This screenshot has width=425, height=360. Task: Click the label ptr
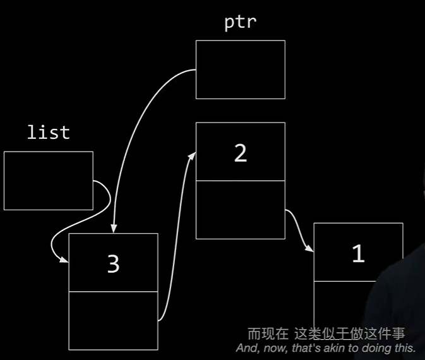(240, 21)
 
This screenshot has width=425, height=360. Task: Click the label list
(48, 133)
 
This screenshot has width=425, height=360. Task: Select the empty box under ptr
(240, 69)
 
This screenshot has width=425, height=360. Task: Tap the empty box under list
(48, 181)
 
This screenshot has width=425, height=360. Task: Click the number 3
(113, 264)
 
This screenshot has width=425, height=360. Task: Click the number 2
(240, 153)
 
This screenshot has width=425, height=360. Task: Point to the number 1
(358, 254)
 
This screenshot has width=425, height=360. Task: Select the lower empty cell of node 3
(113, 320)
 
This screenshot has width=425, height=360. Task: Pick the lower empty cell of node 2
(240, 210)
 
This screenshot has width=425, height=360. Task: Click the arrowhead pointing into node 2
(191, 155)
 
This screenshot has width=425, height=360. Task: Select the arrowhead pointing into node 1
(310, 249)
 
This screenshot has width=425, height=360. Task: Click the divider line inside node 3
(113, 292)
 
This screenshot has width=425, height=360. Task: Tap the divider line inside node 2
(240, 181)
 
